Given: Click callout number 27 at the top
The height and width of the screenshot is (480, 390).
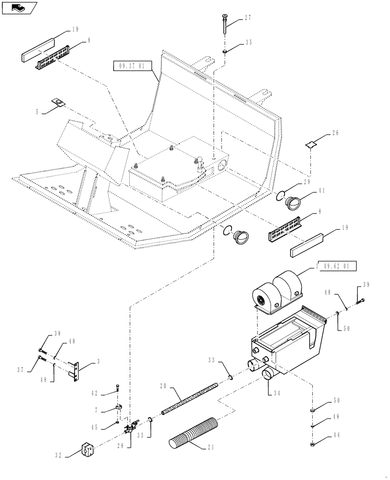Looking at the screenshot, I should (248, 18).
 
